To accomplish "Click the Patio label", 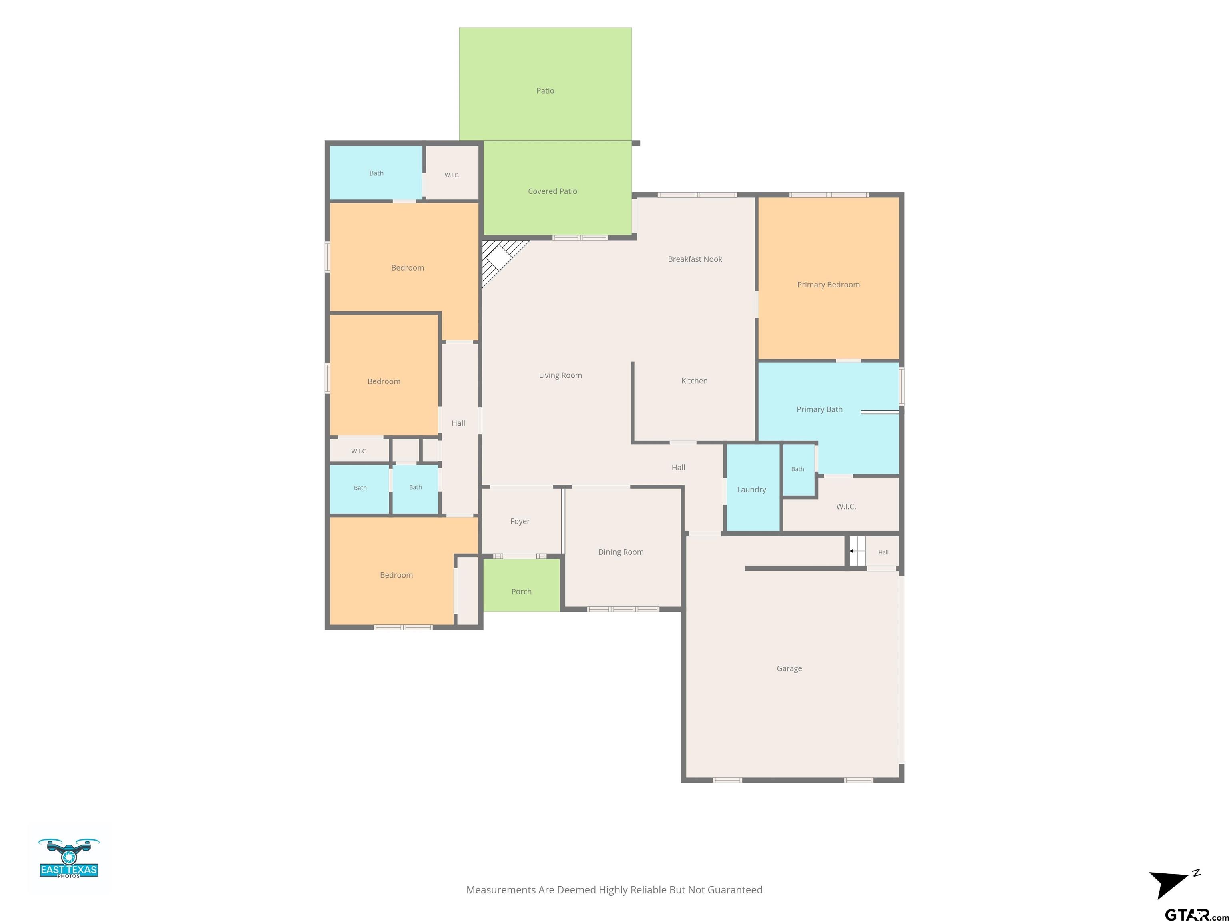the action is click(545, 90).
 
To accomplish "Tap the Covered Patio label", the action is click(552, 191).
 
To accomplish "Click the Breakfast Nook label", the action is click(695, 259).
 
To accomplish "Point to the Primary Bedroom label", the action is click(828, 285).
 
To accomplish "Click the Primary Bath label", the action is click(819, 409).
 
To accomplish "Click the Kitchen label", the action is click(694, 381).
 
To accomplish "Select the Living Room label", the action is click(560, 375).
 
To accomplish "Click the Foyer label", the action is click(520, 521).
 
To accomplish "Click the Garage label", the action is click(789, 668).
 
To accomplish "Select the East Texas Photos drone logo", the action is click(69, 858).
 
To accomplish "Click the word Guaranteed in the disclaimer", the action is click(737, 890).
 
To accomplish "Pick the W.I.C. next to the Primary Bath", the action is click(846, 506).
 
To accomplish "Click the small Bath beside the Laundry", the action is click(797, 469).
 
